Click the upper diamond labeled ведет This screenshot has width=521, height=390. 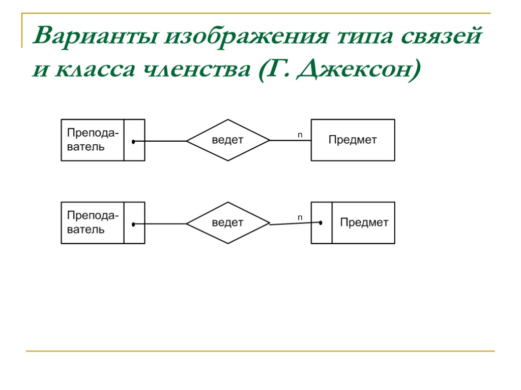pyautogui.click(x=228, y=140)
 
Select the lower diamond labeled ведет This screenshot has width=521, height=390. pyautogui.click(x=228, y=223)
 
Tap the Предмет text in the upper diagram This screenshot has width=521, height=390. pyautogui.click(x=352, y=140)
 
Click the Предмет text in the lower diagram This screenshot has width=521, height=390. pyautogui.click(x=364, y=222)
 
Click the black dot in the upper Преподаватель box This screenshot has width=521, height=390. pyautogui.click(x=133, y=142)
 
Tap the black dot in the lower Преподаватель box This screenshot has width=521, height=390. pyautogui.click(x=133, y=224)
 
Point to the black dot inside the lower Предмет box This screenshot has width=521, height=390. pyautogui.click(x=321, y=222)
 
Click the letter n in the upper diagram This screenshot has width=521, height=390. pyautogui.click(x=300, y=135)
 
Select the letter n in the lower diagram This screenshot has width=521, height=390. pyautogui.click(x=300, y=217)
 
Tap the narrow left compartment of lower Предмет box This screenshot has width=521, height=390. pyautogui.click(x=322, y=234)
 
